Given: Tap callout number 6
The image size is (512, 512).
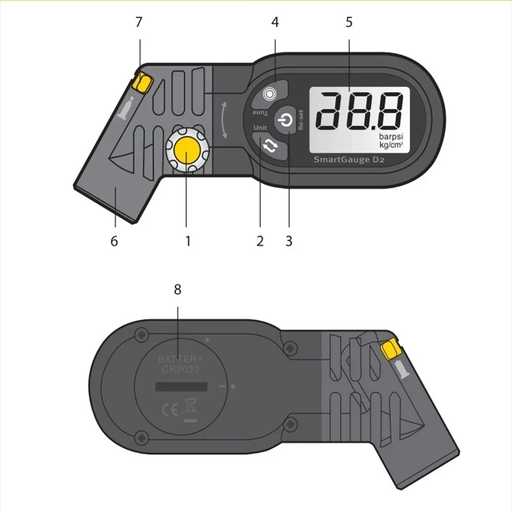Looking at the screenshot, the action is pyautogui.click(x=114, y=241).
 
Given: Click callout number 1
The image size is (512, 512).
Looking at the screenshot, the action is pyautogui.click(x=188, y=241).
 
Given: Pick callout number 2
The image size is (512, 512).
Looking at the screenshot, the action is pyautogui.click(x=260, y=241).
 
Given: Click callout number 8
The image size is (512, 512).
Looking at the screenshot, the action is pyautogui.click(x=177, y=289).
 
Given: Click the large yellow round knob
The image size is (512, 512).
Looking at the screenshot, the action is pyautogui.click(x=187, y=150).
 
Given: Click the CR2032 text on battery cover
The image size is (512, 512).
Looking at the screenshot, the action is pyautogui.click(x=180, y=370).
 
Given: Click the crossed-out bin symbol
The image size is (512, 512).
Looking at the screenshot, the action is pyautogui.click(x=189, y=406).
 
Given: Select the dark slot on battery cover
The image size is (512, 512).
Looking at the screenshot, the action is pyautogui.click(x=181, y=388).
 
